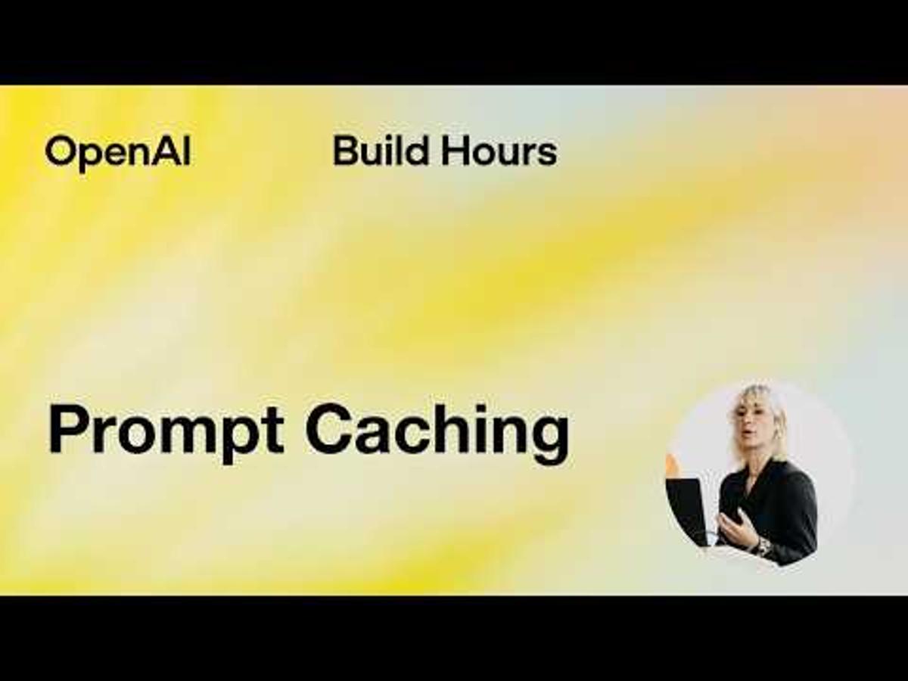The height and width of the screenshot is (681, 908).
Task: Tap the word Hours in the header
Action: click(499, 151)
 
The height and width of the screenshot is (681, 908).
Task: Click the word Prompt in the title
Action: click(166, 431)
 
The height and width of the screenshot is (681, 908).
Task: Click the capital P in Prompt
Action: click(67, 429)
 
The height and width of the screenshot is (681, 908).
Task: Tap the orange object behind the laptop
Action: click(671, 465)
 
